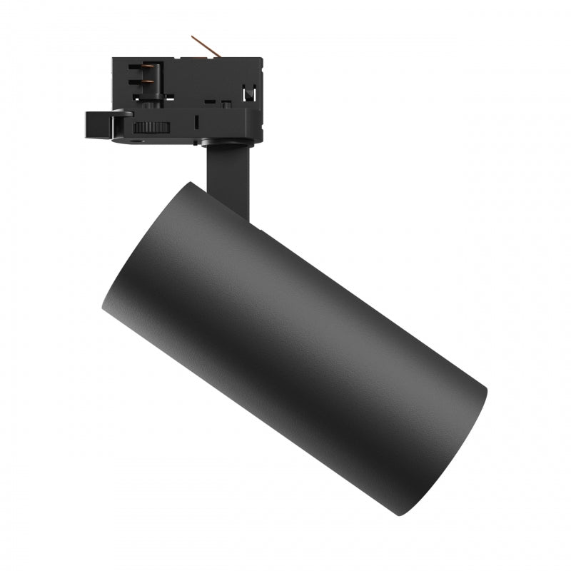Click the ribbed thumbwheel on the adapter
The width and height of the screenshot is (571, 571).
[151, 128]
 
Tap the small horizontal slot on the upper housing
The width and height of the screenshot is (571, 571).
[210, 101]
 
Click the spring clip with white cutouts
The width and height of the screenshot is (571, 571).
[249, 92]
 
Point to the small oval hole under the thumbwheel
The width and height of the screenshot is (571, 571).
[136, 141]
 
